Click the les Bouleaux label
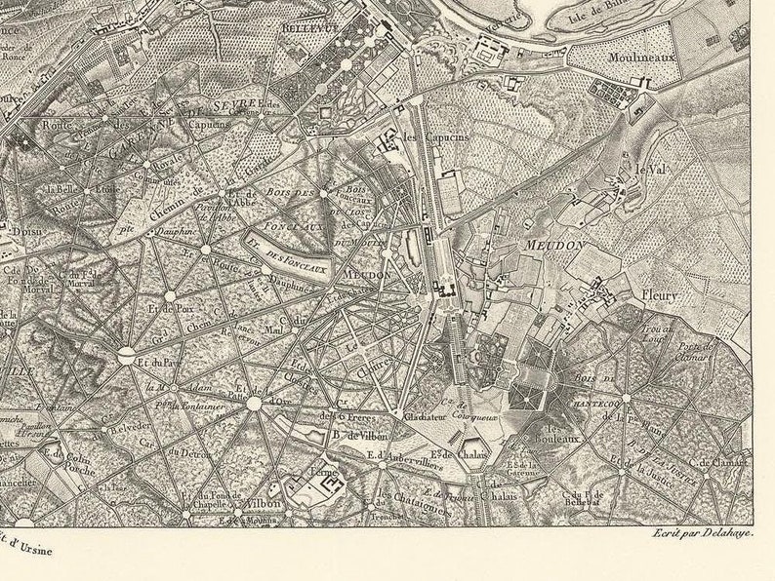point(563,435)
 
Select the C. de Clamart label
point(716,464)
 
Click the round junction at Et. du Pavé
point(127,358)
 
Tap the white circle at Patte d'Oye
point(254,403)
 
